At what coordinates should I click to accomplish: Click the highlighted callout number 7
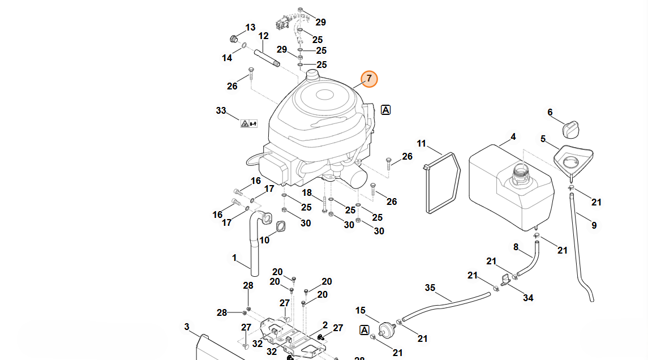click(368, 79)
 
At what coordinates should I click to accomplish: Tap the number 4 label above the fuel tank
click(513, 137)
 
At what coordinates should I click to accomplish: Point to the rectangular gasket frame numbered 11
click(441, 183)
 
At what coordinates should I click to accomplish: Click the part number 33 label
click(221, 110)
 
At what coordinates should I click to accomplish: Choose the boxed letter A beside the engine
click(386, 110)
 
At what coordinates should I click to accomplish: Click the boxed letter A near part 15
click(364, 329)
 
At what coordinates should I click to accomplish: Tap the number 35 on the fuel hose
click(430, 288)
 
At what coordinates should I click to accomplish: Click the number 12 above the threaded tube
click(264, 36)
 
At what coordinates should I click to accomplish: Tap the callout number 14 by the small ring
click(227, 58)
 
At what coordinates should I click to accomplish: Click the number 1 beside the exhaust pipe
click(234, 258)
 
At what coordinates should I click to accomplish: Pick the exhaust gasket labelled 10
click(280, 226)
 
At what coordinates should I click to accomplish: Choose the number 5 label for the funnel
click(543, 139)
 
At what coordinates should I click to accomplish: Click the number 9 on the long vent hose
click(594, 225)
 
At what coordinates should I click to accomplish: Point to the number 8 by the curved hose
click(516, 247)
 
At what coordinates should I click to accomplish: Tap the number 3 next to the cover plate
click(187, 327)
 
